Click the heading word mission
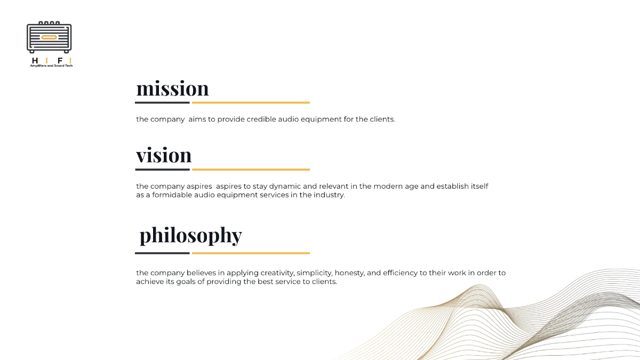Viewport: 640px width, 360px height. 172,89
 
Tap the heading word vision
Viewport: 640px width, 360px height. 164,155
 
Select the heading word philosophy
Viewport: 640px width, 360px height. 190,235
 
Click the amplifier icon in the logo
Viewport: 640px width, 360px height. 49,37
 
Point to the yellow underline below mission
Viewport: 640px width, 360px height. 251,102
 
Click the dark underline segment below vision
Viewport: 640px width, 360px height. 163,170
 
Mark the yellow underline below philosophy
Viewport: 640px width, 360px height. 251,253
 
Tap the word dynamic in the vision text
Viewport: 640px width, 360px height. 286,187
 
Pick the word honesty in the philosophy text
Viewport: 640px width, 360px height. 349,273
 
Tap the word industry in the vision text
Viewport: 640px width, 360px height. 329,195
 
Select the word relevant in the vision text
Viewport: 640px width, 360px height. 334,187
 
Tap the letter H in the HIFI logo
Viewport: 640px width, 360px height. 35,60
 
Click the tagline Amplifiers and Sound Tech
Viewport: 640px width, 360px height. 51,66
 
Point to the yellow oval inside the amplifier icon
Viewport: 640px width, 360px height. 49,37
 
